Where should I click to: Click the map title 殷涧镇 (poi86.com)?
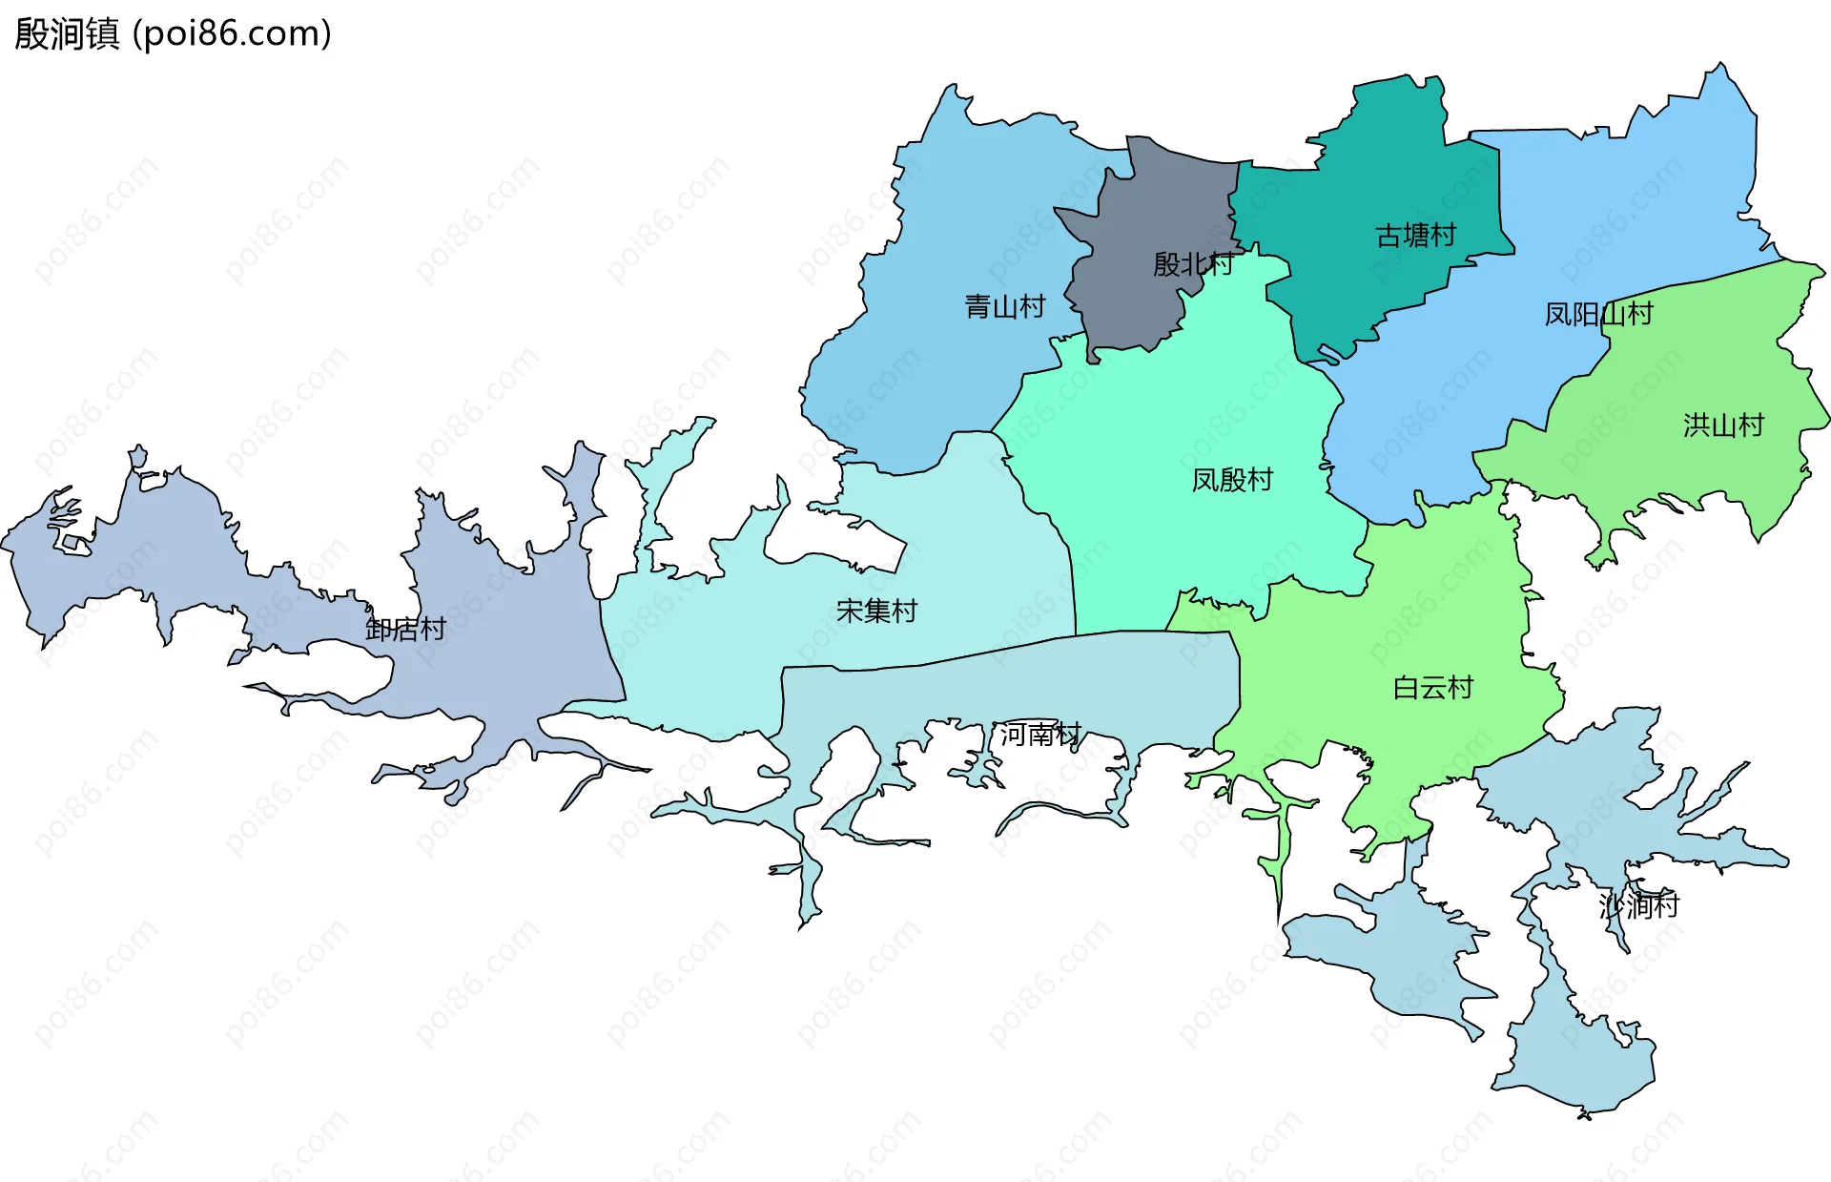(x=173, y=33)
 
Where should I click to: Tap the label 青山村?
(x=1004, y=306)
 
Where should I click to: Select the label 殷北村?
(x=1192, y=263)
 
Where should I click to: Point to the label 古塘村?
(x=1415, y=235)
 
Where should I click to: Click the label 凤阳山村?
(x=1598, y=314)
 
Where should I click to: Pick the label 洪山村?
(x=1723, y=425)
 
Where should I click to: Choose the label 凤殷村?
(x=1232, y=479)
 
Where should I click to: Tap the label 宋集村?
(x=876, y=611)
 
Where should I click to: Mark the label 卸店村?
(x=405, y=629)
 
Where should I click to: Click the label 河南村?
(x=1039, y=734)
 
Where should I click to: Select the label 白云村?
(x=1432, y=687)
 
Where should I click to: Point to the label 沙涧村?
(x=1638, y=904)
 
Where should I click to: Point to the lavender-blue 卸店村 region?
(x=505, y=649)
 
